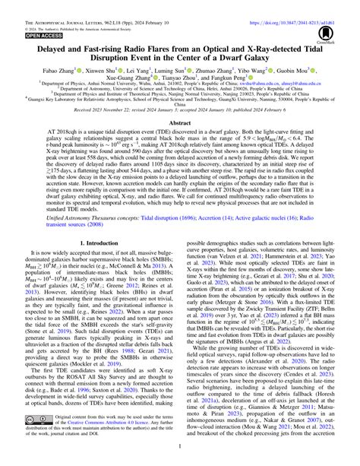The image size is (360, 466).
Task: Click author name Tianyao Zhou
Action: pyautogui.click(x=190, y=87)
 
